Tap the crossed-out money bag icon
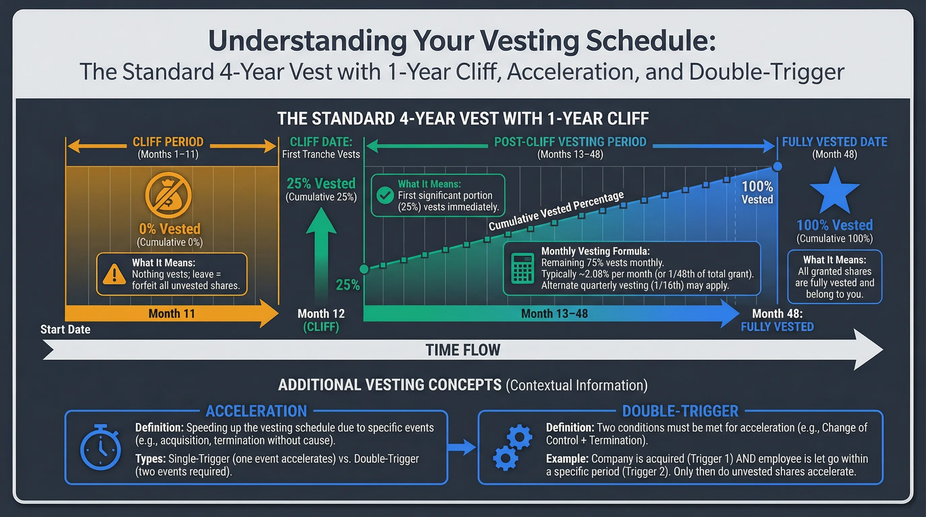168,195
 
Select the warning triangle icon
114,274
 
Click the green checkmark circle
385,195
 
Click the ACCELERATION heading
256,411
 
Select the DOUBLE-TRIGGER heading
680,411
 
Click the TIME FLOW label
463,350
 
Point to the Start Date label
65,329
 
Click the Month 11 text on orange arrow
172,313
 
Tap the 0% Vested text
170,229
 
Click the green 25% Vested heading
321,183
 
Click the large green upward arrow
321,252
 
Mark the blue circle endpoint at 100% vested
777,167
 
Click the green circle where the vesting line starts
364,269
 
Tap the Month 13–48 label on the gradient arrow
554,313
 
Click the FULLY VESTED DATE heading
834,142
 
